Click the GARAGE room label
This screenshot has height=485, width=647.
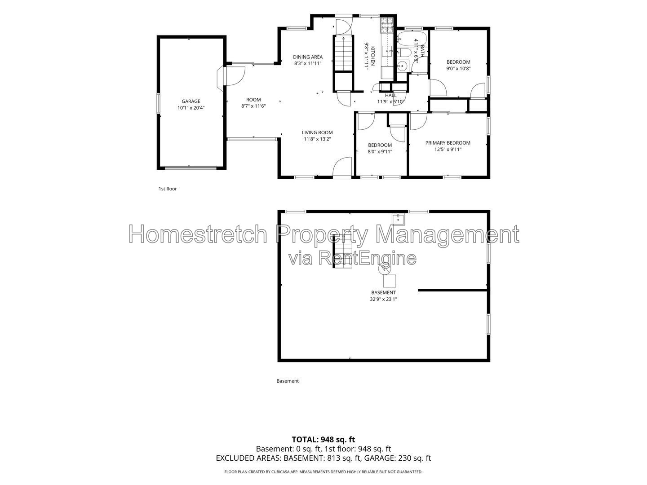191,101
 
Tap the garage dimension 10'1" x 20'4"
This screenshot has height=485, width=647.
191,108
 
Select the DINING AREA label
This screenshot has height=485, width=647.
308,57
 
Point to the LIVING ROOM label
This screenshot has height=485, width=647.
317,132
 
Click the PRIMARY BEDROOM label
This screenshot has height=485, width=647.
448,143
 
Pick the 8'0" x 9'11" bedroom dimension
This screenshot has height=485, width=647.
380,152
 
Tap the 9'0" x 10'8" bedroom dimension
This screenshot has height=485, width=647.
458,68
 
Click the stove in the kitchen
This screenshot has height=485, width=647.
387,25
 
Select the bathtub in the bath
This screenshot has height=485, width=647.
412,38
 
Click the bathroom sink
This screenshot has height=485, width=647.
402,66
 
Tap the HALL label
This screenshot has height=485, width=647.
390,95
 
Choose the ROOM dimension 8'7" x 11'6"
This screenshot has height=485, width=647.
253,106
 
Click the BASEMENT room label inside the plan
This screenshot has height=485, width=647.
383,292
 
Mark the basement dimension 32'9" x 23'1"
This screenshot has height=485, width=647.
383,299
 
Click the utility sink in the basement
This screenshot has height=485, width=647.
398,219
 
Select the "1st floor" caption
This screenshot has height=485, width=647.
168,189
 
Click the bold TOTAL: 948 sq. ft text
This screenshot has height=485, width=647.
323,440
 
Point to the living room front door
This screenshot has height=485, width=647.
342,167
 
